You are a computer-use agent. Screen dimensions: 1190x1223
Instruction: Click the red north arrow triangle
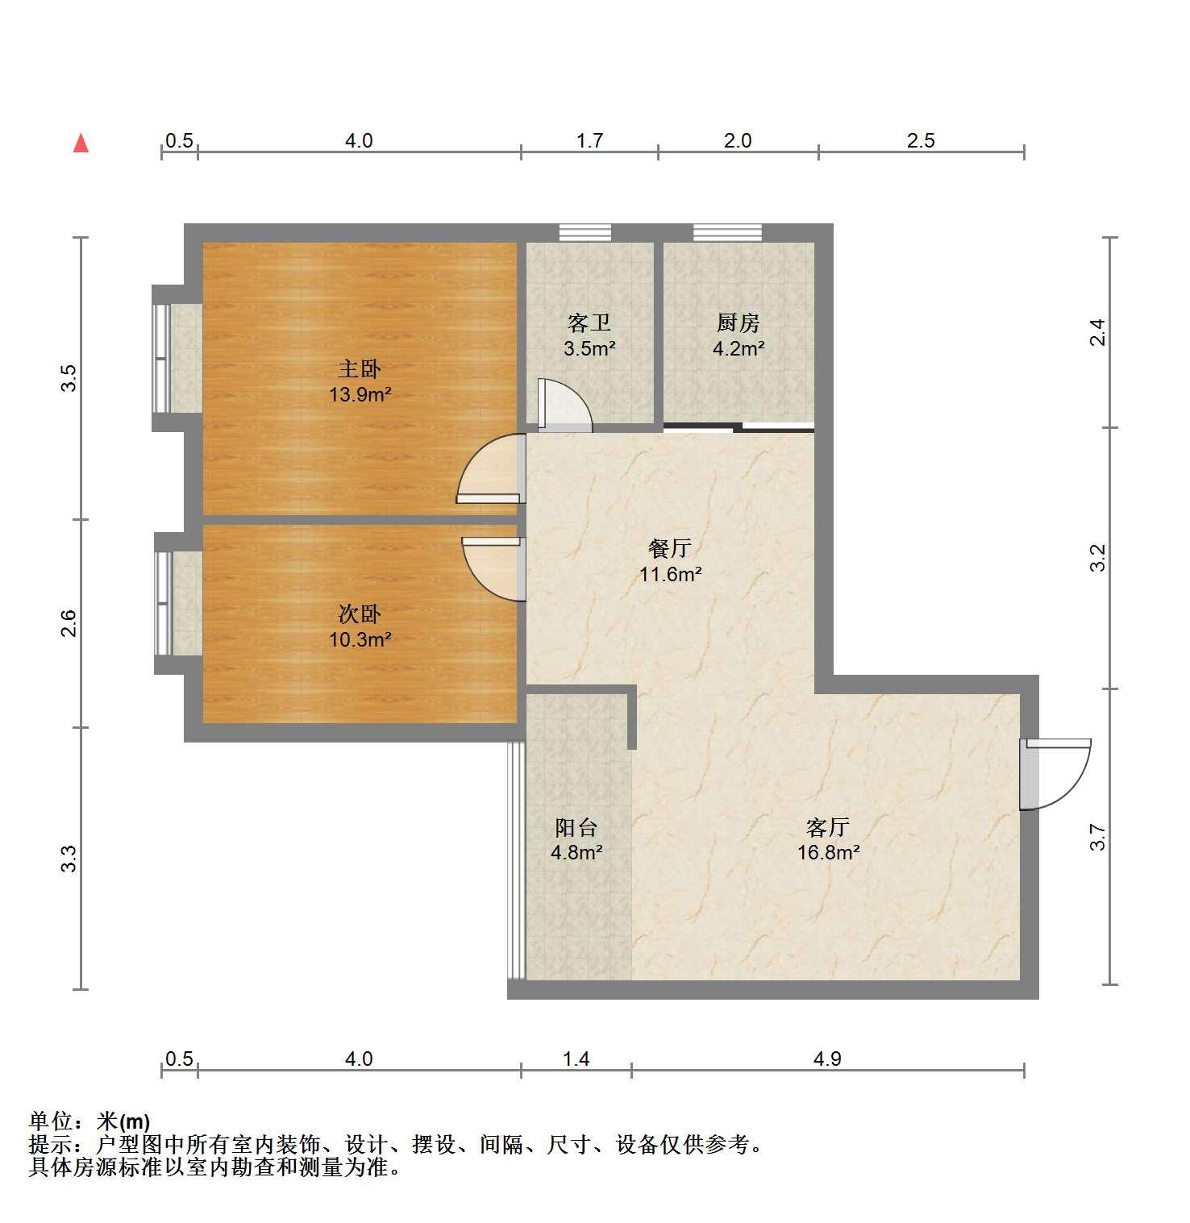[81, 144]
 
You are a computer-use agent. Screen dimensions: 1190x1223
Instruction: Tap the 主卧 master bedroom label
[359, 369]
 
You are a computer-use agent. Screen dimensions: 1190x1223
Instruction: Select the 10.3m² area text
[360, 640]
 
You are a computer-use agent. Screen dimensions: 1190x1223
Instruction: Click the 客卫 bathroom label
[589, 323]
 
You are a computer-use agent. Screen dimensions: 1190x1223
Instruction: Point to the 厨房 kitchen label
[739, 323]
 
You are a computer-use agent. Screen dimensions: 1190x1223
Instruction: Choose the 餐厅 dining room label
[670, 549]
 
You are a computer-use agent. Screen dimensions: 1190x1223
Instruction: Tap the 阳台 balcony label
[576, 827]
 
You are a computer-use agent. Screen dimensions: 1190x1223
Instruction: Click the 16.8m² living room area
[828, 853]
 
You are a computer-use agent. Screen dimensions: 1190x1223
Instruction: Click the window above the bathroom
[585, 232]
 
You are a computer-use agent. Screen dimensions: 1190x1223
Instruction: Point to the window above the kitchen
[727, 232]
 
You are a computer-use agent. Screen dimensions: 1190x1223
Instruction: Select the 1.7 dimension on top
[589, 141]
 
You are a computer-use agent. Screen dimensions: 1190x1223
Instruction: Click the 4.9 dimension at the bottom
[827, 1059]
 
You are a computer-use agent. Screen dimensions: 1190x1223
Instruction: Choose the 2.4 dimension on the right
[1097, 332]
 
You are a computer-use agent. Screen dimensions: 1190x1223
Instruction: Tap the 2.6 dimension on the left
[69, 623]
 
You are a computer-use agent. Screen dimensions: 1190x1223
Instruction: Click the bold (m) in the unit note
[135, 1121]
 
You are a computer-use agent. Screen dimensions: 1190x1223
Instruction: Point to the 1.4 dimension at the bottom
[576, 1059]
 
